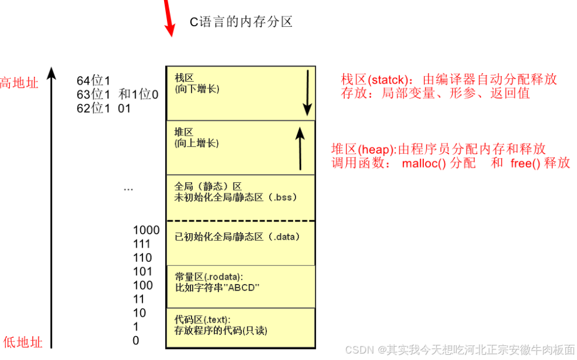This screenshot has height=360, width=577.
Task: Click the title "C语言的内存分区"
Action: tap(241, 22)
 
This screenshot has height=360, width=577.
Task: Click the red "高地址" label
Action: tap(19, 83)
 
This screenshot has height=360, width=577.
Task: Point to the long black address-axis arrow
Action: tap(51, 205)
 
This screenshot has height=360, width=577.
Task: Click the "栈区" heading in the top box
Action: tap(184, 78)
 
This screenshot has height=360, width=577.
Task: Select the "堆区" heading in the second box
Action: tap(184, 132)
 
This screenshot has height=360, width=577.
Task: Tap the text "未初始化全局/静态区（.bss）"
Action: tap(236, 198)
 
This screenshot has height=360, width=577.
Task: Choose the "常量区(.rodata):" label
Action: tap(208, 276)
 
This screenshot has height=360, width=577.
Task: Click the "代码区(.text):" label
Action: tap(203, 320)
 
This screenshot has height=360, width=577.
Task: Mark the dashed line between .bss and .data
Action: tap(241, 221)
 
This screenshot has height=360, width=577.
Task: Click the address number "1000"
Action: tap(146, 230)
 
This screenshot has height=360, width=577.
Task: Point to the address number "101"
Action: tap(142, 272)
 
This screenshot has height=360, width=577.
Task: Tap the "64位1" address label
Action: tap(93, 81)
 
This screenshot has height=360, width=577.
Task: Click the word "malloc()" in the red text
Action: tap(423, 164)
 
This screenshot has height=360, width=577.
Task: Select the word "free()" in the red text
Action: tap(526, 164)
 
